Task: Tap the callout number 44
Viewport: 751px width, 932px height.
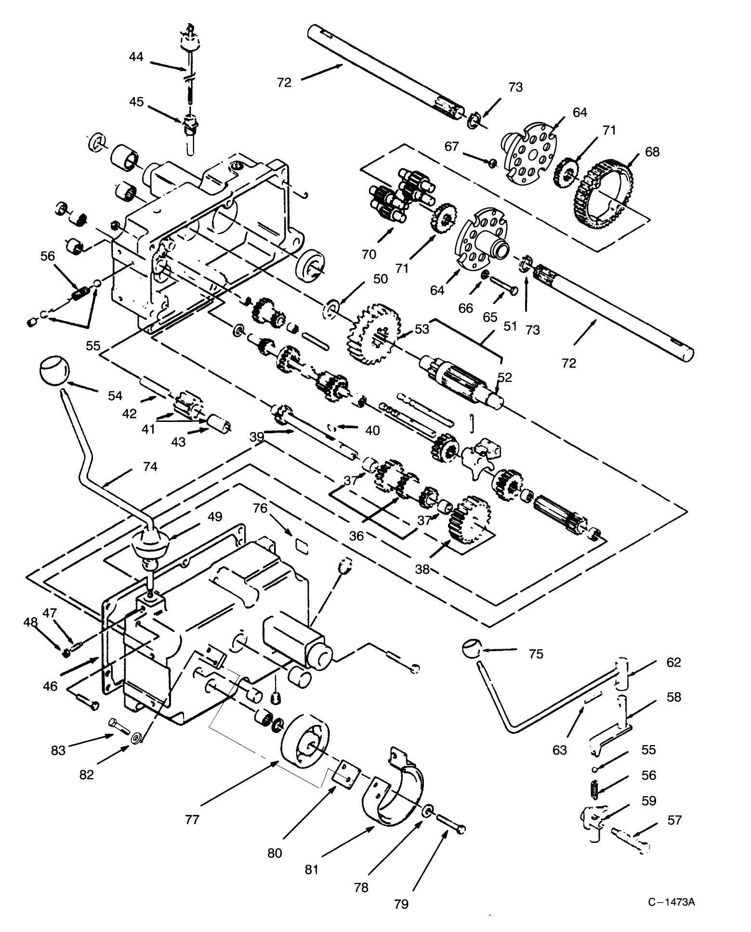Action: [x=136, y=57]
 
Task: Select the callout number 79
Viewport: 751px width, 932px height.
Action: [x=401, y=904]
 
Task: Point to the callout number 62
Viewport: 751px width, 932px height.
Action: [x=673, y=662]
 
